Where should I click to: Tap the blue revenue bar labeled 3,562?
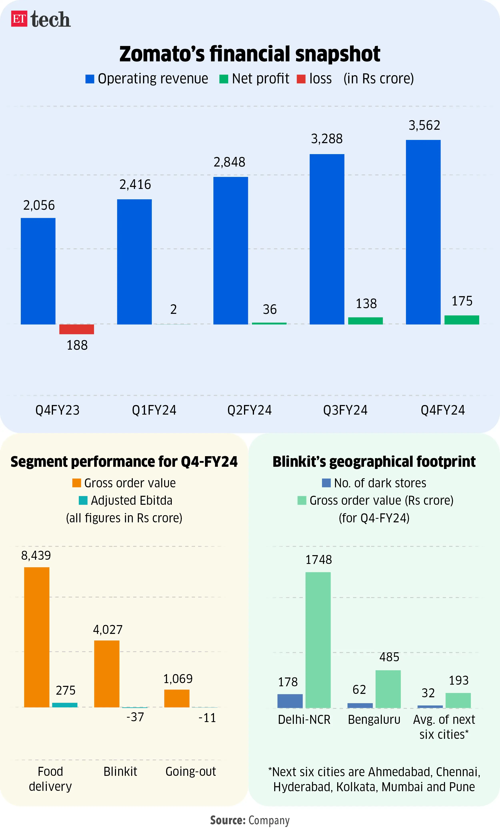[423, 232]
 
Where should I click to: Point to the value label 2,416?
[135, 185]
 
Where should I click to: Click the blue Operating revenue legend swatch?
[90, 79]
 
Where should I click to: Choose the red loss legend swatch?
[301, 79]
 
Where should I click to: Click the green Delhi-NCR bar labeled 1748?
[318, 640]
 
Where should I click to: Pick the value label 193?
[459, 680]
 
